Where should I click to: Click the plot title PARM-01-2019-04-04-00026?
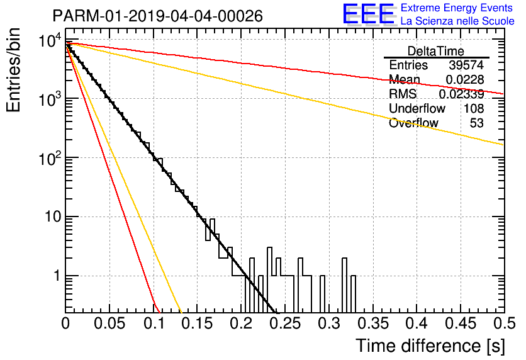(x=158, y=16)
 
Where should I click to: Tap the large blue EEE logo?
(x=369, y=14)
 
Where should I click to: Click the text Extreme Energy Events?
(x=457, y=8)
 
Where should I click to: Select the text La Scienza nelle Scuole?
(x=457, y=21)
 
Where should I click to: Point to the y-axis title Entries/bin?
(x=13, y=70)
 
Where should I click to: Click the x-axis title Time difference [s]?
(x=430, y=346)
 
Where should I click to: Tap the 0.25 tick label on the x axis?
(x=285, y=323)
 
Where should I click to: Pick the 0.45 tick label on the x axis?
(x=461, y=323)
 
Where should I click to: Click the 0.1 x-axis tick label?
(x=154, y=323)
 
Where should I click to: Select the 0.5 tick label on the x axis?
(x=505, y=323)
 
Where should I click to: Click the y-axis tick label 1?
(x=57, y=276)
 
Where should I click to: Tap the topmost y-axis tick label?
(x=50, y=41)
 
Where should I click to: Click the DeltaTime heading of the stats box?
(x=436, y=51)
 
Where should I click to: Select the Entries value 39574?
(x=466, y=65)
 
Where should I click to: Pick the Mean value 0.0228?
(x=464, y=79)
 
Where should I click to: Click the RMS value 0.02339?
(x=461, y=94)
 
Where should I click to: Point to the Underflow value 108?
(x=474, y=108)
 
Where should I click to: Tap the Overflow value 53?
(x=477, y=123)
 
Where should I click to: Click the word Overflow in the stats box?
(x=413, y=123)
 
